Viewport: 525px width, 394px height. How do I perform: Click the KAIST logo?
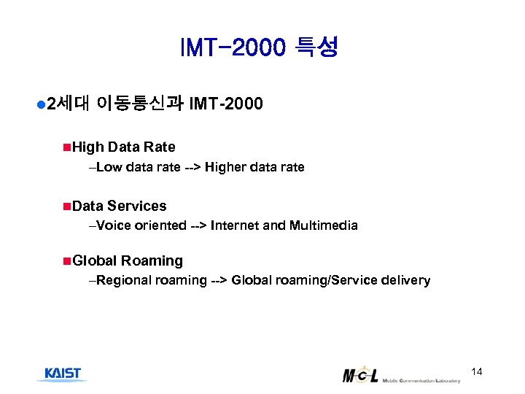(63, 374)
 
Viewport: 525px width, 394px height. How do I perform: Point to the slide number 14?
(477, 372)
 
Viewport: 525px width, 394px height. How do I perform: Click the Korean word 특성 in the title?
(316, 49)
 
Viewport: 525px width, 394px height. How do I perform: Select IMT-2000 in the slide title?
(233, 49)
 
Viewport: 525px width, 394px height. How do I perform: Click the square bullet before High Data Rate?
(67, 147)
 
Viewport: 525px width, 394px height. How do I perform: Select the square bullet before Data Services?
(67, 206)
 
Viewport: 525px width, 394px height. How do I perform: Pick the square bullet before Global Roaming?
(67, 260)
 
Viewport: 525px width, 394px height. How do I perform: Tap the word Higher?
(226, 167)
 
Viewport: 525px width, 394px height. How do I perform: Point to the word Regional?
(123, 280)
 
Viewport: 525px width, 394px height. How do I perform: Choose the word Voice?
(112, 225)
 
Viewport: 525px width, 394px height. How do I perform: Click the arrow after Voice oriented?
(198, 225)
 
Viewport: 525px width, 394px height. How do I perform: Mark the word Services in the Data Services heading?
(137, 206)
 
